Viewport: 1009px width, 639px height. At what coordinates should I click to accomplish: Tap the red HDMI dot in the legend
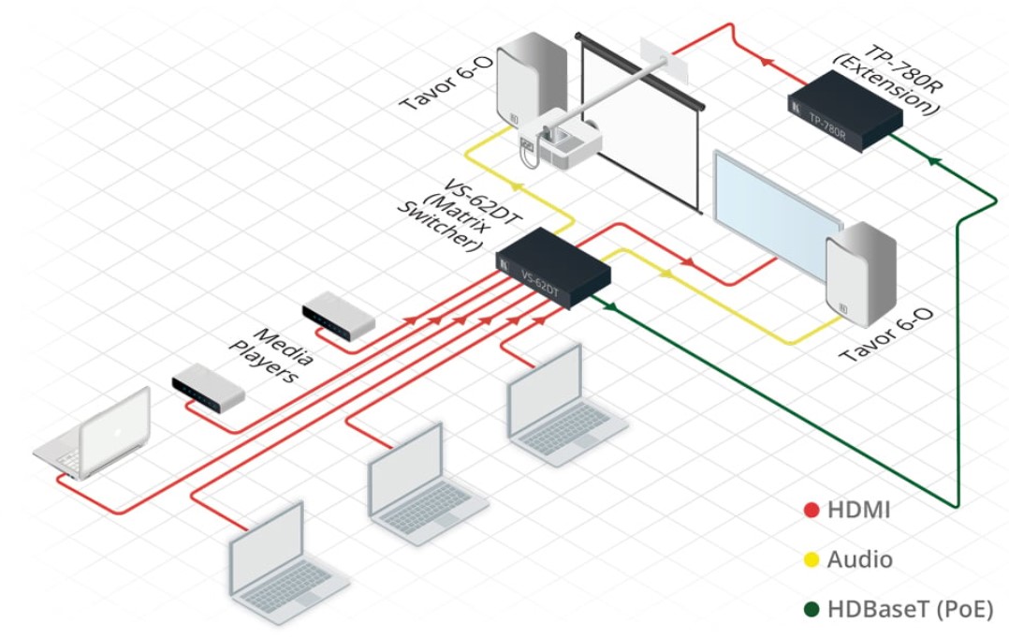[x=811, y=511]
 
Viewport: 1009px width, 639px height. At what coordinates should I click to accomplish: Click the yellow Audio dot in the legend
[x=811, y=560]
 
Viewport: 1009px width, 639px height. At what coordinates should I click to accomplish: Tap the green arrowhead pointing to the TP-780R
[x=932, y=160]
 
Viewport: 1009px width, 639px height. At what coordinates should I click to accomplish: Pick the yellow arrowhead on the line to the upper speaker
[x=517, y=186]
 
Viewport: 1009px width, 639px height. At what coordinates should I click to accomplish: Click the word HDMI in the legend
[x=859, y=511]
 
